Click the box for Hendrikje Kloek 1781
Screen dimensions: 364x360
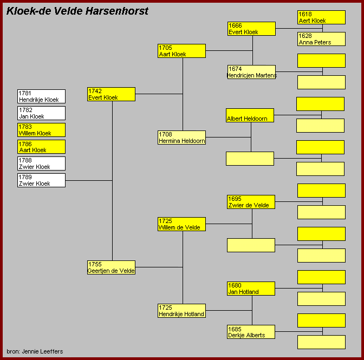(x=41, y=96)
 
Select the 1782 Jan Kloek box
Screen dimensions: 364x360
(x=41, y=113)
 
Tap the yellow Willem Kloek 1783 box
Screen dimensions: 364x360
(x=41, y=130)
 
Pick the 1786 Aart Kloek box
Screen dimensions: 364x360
(x=41, y=147)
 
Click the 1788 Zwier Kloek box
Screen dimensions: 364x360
(x=41, y=163)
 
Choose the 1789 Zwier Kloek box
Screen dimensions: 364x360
(x=41, y=180)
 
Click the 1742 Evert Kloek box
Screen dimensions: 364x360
(x=111, y=94)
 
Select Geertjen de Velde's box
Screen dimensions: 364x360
(x=111, y=267)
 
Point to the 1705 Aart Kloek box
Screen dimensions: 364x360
(x=181, y=51)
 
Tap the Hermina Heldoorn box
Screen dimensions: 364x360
(x=181, y=138)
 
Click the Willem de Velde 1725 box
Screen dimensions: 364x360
(x=181, y=224)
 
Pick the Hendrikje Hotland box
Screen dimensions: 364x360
(x=181, y=311)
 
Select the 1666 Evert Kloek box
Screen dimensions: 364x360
(x=252, y=29)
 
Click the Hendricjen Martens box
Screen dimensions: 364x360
(x=252, y=72)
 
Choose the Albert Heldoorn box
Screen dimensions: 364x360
(x=250, y=115)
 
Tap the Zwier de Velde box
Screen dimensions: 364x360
(x=251, y=202)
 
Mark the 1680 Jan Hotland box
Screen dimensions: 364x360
(x=251, y=289)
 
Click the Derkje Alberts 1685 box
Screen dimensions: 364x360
(x=251, y=332)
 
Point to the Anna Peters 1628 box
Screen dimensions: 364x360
(x=322, y=39)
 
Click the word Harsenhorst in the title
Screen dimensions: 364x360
(x=117, y=11)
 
